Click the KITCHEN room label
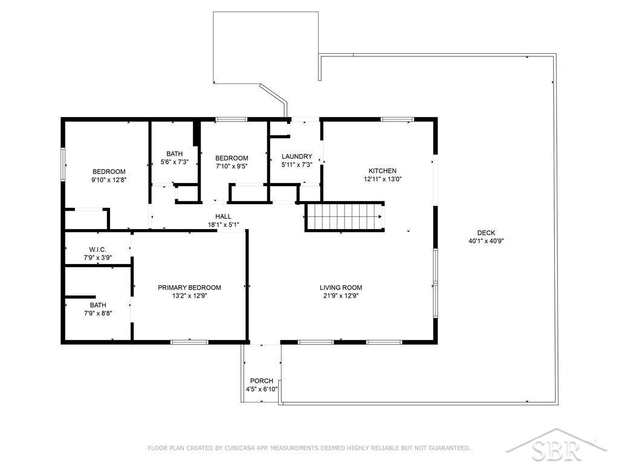[x=382, y=171]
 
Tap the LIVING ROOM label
[x=341, y=288]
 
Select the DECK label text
[x=486, y=233]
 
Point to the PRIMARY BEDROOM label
[x=189, y=288]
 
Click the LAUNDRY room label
[x=297, y=156]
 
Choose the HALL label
[x=224, y=216]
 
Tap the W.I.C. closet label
[x=97, y=250]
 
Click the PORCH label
[x=262, y=381]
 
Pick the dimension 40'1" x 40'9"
[x=486, y=240]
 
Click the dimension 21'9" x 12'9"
[x=341, y=295]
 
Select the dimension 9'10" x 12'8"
[x=109, y=179]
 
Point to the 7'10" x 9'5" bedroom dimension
[x=232, y=166]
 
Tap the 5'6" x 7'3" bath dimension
[x=175, y=162]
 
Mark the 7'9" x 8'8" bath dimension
[x=98, y=314]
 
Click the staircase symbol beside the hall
[x=344, y=217]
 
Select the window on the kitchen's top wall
[x=397, y=119]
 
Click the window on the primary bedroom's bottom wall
[x=189, y=342]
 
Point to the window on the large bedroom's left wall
[x=63, y=164]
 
